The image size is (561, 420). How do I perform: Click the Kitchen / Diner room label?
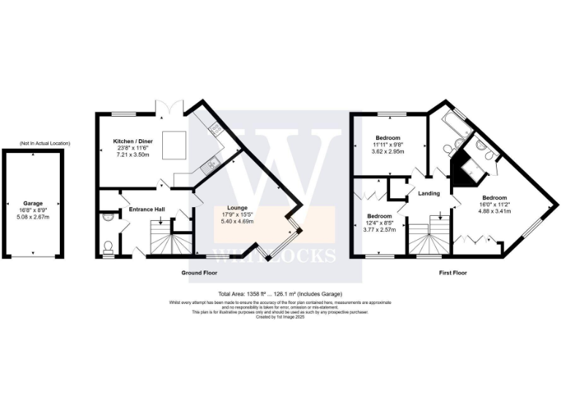point(130,141)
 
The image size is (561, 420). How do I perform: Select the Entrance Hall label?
point(147,210)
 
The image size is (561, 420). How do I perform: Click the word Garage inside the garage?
point(33,203)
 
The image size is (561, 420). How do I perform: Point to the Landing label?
point(429,193)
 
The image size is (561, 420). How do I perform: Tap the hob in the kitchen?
point(217,129)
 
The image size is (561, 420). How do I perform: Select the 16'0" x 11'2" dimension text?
point(495,205)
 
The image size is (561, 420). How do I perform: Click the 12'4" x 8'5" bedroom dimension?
point(380,223)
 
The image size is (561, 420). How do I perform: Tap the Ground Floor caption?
point(199,273)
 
